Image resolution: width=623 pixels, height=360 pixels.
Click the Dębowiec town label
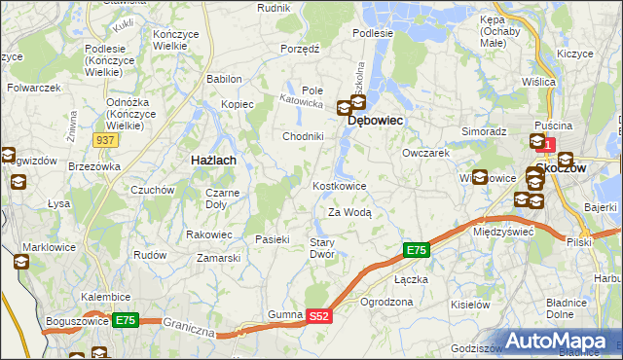click(x=375, y=121)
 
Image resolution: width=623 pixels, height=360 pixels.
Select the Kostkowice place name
click(x=339, y=186)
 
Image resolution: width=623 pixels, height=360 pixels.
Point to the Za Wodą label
click(x=349, y=212)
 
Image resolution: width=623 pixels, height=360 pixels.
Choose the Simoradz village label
click(x=484, y=130)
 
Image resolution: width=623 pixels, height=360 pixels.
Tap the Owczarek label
click(x=425, y=154)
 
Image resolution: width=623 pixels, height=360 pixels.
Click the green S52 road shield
click(x=319, y=316)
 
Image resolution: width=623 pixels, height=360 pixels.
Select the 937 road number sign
click(x=105, y=140)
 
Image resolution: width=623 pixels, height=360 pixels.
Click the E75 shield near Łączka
click(x=416, y=251)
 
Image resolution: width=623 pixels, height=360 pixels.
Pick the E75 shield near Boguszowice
click(x=124, y=319)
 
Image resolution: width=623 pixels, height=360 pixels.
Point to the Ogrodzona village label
click(x=386, y=302)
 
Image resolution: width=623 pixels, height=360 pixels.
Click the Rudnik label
click(x=274, y=7)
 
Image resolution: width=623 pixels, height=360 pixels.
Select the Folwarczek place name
click(x=34, y=88)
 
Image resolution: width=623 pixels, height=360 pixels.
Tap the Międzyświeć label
click(x=502, y=233)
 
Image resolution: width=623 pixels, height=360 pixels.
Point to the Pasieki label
click(x=273, y=239)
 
